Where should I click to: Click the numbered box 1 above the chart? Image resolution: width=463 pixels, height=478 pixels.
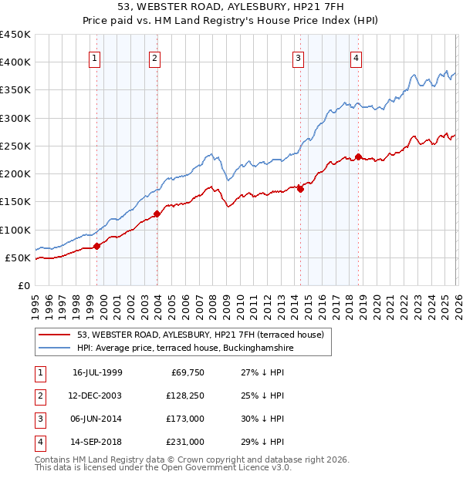tap(94, 57)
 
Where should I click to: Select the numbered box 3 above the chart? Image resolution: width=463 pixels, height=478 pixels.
tap(298, 57)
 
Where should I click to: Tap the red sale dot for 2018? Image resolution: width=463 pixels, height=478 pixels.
tap(359, 157)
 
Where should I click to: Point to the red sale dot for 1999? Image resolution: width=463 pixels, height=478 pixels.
tap(97, 247)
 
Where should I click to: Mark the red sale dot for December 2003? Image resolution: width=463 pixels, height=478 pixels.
tap(157, 214)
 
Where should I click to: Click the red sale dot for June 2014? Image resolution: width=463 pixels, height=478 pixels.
tap(300, 189)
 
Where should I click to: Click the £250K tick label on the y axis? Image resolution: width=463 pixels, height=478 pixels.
tap(15, 146)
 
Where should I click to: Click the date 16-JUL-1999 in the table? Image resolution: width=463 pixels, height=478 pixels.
tap(97, 372)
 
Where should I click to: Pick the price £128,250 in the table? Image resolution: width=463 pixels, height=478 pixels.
tap(183, 396)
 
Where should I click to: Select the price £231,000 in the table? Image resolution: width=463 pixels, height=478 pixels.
tap(183, 442)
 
